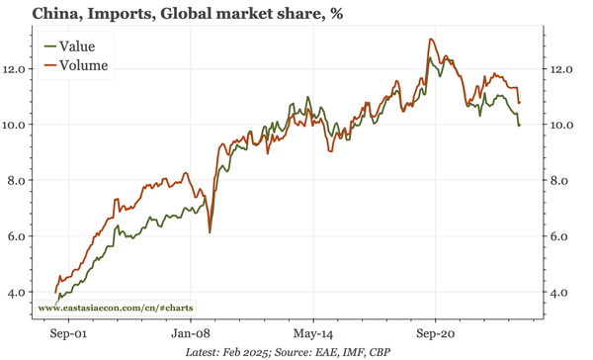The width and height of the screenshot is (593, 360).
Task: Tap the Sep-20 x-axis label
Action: tap(436, 333)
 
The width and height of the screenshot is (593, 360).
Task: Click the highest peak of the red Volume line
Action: tap(430, 40)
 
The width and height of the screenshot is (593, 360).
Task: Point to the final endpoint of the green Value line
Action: tap(520, 125)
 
